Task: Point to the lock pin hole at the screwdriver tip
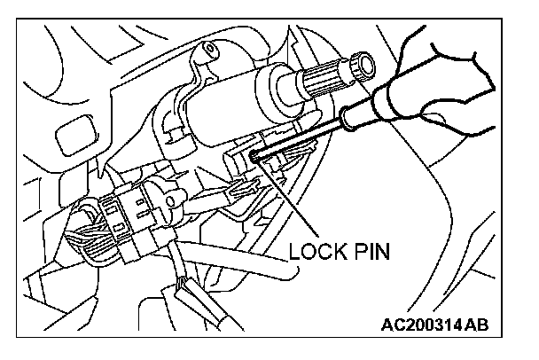[254, 156]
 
